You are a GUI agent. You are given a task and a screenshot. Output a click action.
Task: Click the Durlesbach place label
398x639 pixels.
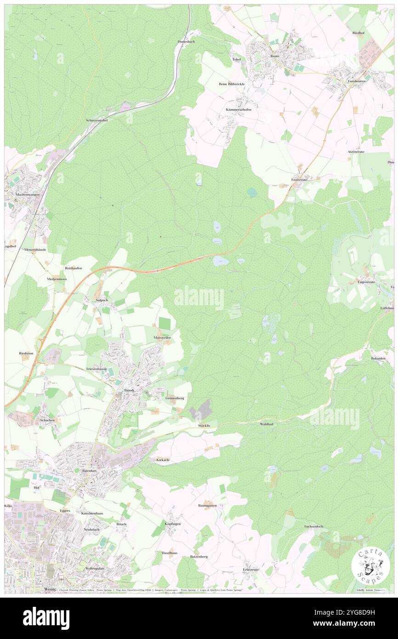tap(187, 41)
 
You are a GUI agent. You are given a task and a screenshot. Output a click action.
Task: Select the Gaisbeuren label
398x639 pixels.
tap(357, 80)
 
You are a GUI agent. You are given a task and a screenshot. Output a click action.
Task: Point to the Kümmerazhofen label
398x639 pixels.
tap(239, 110)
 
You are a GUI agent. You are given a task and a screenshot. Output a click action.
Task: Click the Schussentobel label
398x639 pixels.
tap(97, 120)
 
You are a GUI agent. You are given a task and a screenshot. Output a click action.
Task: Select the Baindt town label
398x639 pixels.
tap(129, 390)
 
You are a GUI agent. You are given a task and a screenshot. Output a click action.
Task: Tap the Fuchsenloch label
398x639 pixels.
tap(314, 526)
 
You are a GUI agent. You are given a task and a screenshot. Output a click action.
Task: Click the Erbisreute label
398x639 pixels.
tap(251, 569)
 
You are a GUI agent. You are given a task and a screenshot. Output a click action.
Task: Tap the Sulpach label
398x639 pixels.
tap(101, 300)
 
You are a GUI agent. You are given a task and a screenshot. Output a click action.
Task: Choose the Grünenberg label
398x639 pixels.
tap(175, 398)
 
